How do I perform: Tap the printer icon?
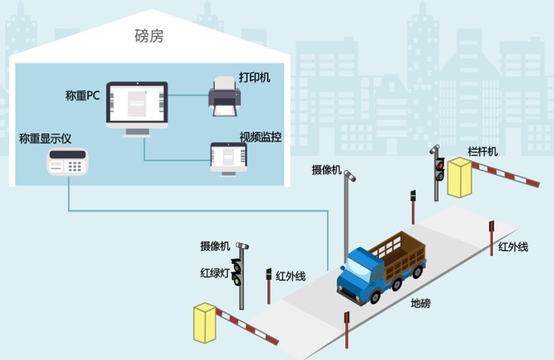225,99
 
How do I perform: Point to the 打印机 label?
254,77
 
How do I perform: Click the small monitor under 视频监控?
229,157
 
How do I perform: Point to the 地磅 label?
420,304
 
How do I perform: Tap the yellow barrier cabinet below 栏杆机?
460,178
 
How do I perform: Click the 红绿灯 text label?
215,273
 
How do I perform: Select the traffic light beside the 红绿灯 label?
238,272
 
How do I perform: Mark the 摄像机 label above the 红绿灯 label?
215,246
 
